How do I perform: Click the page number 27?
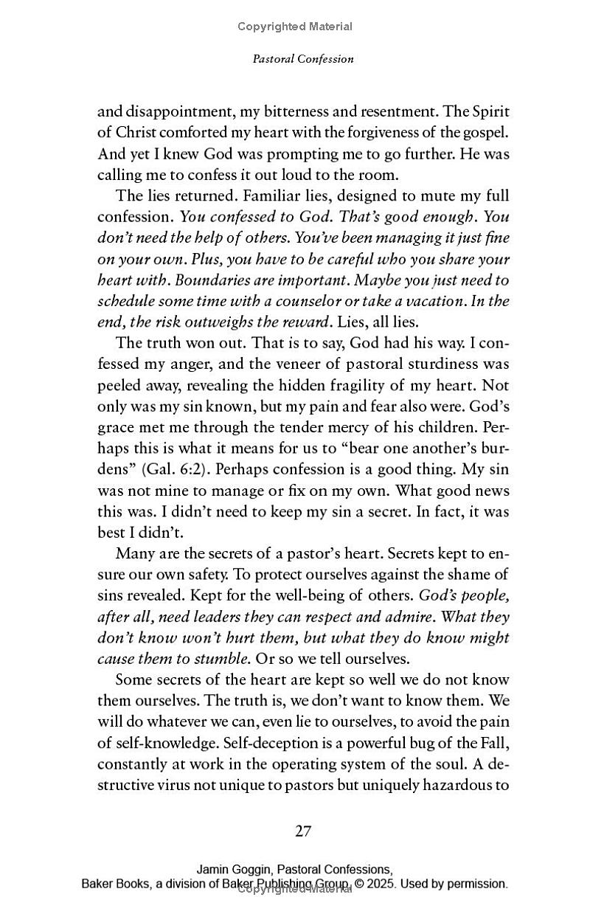coord(303,831)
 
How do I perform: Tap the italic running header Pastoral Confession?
coord(303,59)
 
